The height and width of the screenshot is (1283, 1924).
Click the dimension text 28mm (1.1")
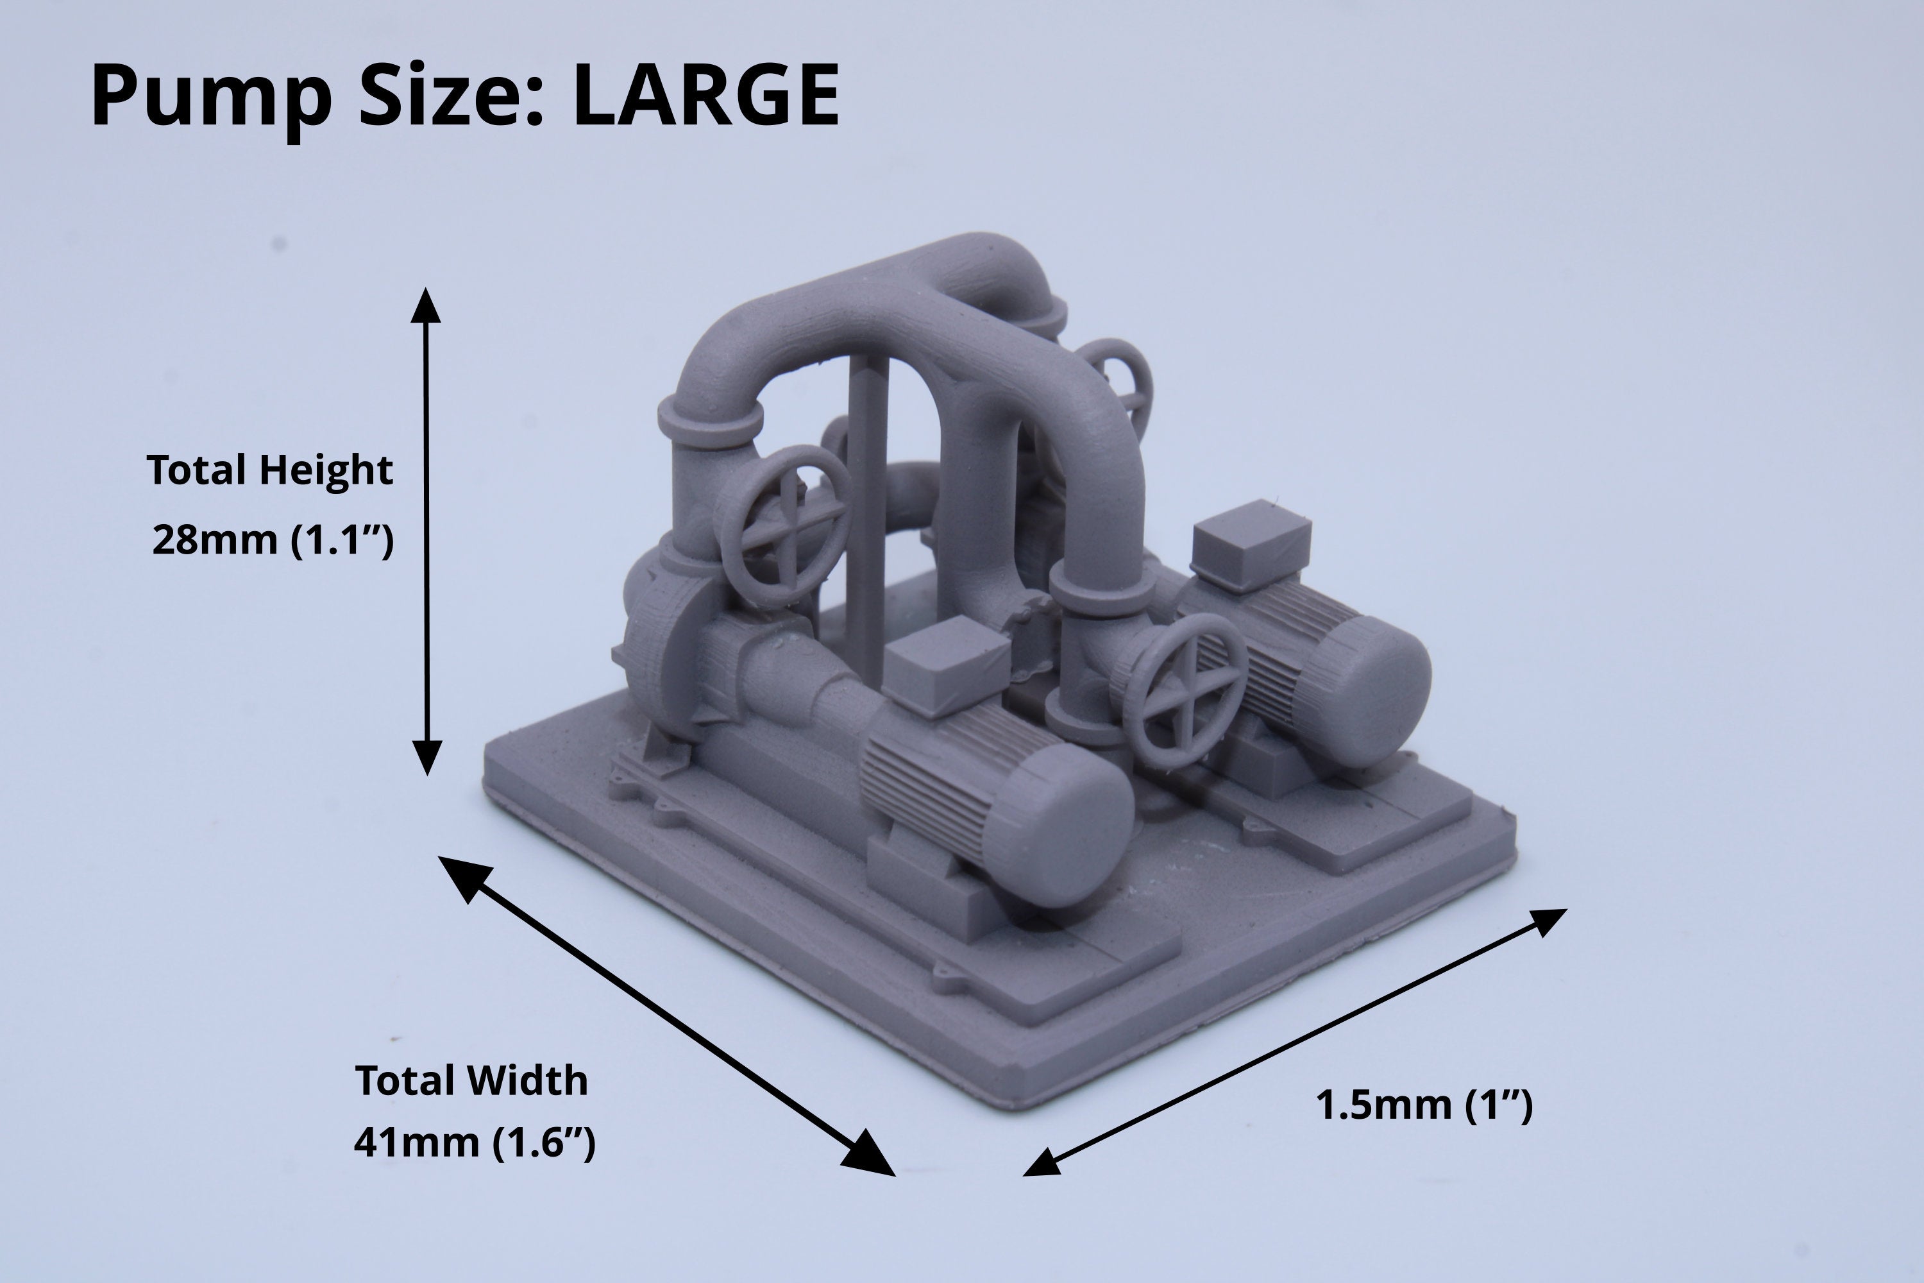tap(273, 540)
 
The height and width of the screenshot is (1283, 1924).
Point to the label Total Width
tap(471, 1080)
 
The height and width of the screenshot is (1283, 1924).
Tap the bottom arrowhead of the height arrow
tap(425, 757)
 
